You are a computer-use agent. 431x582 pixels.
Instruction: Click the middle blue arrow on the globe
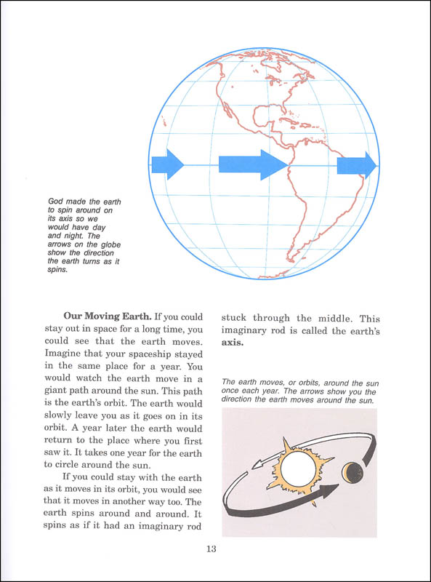point(253,165)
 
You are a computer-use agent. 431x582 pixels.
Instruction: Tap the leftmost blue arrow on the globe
point(168,164)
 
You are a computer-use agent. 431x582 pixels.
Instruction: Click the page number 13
point(211,549)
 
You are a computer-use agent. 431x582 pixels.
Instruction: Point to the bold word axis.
point(233,343)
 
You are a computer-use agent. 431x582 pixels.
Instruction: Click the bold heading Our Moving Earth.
point(108,316)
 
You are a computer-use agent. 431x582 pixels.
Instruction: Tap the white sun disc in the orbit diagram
point(297,469)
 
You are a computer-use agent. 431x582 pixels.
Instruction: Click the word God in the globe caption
point(56,202)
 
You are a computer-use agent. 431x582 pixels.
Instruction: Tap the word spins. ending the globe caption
point(58,270)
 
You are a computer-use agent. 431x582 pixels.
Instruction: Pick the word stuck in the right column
point(234,318)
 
